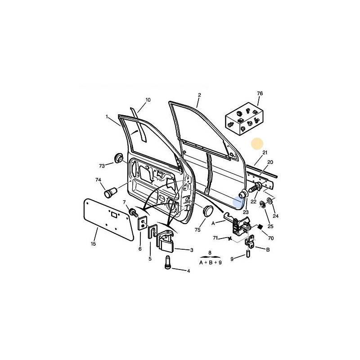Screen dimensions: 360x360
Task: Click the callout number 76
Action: [260, 94]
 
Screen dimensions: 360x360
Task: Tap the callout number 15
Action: [93, 243]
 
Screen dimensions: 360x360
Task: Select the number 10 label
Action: [148, 100]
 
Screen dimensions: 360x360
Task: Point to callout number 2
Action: [199, 95]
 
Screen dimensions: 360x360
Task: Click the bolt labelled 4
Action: [167, 262]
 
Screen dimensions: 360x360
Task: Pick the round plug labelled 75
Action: [208, 211]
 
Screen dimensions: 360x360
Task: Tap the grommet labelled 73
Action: [119, 158]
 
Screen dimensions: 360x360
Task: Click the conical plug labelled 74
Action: [111, 192]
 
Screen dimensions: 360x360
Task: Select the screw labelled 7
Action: [133, 212]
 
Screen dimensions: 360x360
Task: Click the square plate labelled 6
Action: [142, 223]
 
